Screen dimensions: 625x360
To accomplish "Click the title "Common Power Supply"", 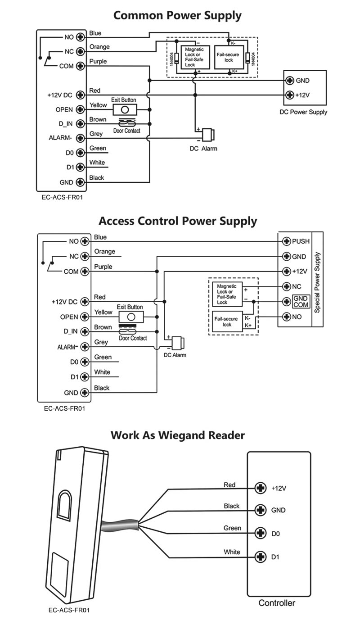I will tap(177, 15).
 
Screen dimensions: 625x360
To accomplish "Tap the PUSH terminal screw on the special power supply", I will tap(286, 241).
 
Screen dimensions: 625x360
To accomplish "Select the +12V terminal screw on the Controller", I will tap(260, 488).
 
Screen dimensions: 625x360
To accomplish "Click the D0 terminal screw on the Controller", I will tap(260, 534).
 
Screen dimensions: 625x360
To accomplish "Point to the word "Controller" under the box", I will tap(277, 603).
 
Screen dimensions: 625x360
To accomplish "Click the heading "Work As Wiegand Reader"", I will tap(178, 435).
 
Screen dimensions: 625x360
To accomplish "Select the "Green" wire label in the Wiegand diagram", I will tap(232, 528).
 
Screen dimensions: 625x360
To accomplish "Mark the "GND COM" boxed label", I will tap(300, 301).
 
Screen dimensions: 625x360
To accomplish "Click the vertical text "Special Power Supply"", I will tap(317, 283).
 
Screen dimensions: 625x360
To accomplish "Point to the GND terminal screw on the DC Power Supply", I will tap(290, 81).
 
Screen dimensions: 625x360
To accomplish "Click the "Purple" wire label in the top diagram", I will tap(98, 61).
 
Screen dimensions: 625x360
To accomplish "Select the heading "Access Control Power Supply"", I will tap(178, 222).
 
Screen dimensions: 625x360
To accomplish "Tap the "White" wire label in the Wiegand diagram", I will tap(232, 552).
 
